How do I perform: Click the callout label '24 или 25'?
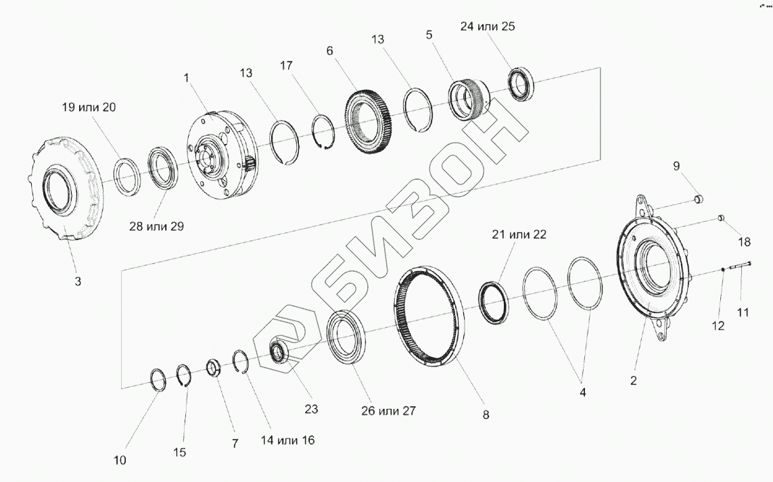click(488, 26)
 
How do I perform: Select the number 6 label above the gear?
click(330, 51)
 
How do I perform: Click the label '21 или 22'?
click(519, 234)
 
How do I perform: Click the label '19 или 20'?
click(89, 107)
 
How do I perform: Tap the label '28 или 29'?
click(156, 226)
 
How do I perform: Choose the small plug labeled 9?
click(698, 199)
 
